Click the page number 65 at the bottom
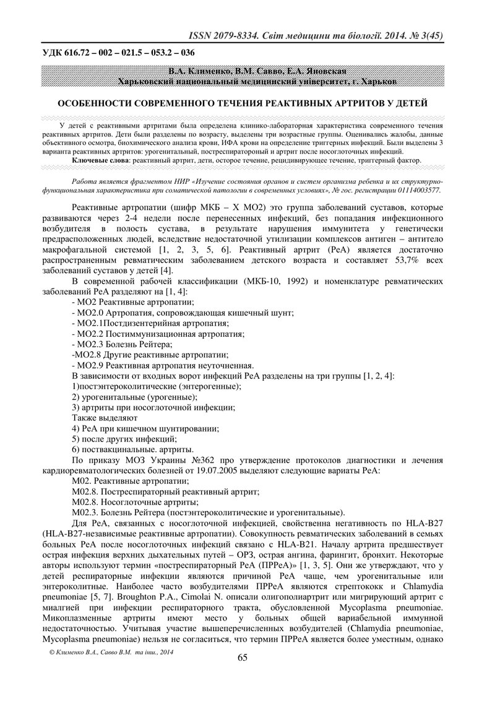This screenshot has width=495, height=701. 243,675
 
